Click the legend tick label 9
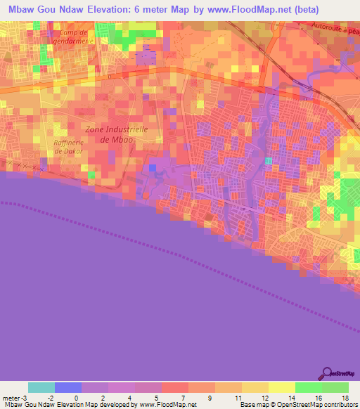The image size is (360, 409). point(210,397)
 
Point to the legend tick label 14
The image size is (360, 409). point(290,397)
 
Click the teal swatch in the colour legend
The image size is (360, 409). point(41,387)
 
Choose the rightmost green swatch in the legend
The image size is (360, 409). point(335,387)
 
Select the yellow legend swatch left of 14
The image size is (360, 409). point(282,387)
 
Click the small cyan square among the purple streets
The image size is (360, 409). point(269,161)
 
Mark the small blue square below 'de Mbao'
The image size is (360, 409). point(153,167)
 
